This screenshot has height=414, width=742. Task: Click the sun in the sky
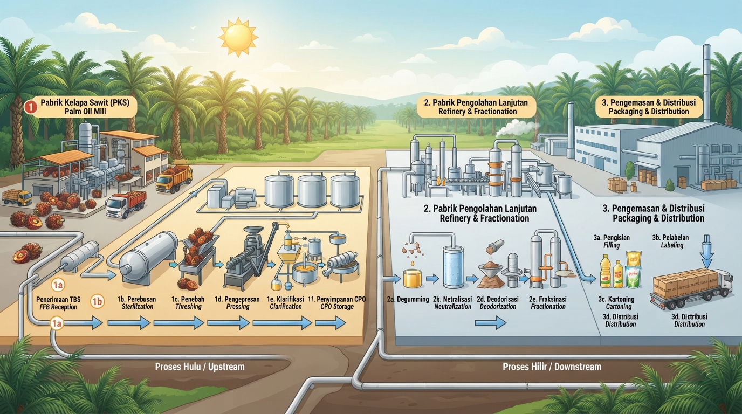coord(238,37)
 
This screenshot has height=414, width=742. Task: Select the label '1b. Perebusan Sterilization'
coord(137,303)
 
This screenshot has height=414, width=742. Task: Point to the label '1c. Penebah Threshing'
coord(188,303)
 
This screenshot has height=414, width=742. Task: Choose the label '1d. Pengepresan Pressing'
coord(237,303)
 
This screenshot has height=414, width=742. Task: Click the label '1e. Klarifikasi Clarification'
coord(285,303)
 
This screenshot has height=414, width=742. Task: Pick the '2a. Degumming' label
coord(408,299)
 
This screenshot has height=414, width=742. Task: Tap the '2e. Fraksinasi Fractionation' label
coord(548,303)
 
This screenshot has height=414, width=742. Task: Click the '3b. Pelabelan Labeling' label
coord(670,241)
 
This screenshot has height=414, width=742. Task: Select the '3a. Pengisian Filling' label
coord(612,241)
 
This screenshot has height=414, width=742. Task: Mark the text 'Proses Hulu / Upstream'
coord(200,367)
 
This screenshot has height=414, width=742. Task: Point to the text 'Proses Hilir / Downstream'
coord(552,367)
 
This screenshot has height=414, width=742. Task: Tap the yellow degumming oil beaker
coord(413,278)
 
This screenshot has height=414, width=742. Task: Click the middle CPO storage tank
coord(312,191)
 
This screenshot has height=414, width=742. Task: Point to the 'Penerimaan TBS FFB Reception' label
coord(58,303)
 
